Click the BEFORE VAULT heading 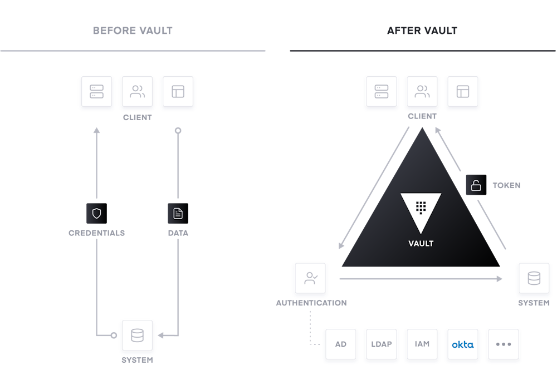133,31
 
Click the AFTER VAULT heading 422,31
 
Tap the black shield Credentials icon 96,213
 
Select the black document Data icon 178,213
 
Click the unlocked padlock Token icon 476,185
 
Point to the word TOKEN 506,185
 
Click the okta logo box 462,344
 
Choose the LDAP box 381,344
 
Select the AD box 341,344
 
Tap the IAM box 422,344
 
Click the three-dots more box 504,344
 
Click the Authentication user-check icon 310,278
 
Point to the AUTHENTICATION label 311,303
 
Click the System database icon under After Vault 534,278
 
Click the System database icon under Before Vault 137,335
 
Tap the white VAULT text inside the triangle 421,244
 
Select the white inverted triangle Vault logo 421,209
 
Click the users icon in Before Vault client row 137,92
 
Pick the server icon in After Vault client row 381,92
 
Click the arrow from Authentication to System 421,279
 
